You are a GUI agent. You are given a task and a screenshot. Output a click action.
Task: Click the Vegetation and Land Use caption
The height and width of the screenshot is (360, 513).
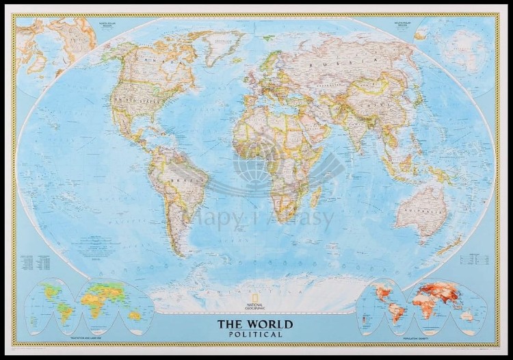click(x=90, y=337)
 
